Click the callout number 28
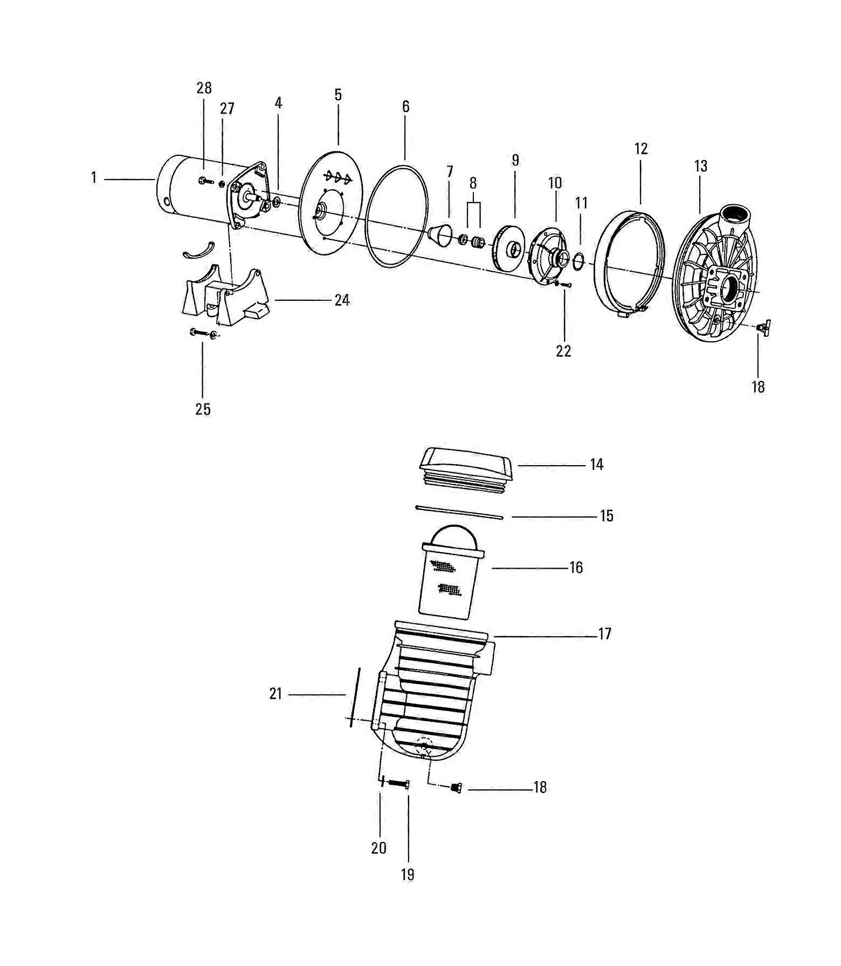[x=204, y=88]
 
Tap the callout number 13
[x=700, y=166]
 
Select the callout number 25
[x=203, y=409]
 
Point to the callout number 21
[x=275, y=694]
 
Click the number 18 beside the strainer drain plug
[x=540, y=788]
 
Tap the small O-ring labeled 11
[x=578, y=261]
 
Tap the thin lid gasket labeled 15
[x=459, y=512]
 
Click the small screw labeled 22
[x=564, y=284]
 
